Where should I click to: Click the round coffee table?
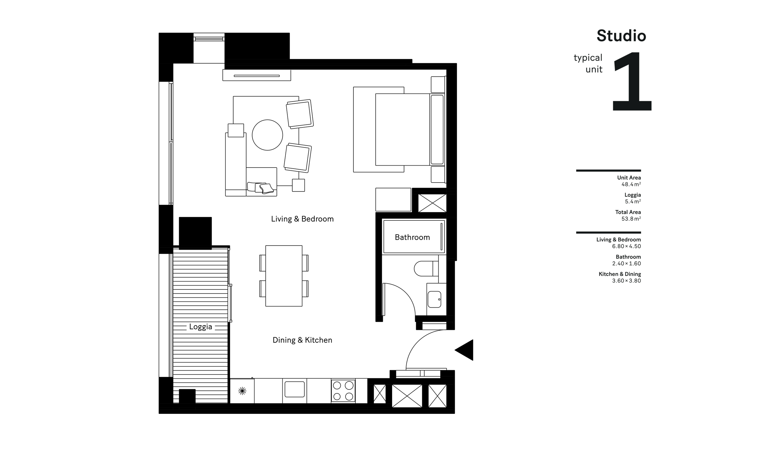click(x=267, y=135)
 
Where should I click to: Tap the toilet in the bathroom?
click(x=425, y=269)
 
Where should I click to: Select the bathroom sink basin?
click(x=434, y=299)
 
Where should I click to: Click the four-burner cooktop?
click(x=343, y=391)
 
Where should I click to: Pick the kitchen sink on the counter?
click(x=294, y=389)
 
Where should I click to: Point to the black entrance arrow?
click(x=465, y=350)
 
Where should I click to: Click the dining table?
click(x=284, y=276)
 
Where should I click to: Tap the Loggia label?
click(x=200, y=327)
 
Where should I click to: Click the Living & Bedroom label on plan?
click(x=302, y=219)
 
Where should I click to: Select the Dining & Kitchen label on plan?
click(x=302, y=340)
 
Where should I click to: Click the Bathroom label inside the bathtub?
click(x=412, y=237)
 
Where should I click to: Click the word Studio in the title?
click(x=621, y=36)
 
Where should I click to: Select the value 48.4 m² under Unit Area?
click(x=631, y=184)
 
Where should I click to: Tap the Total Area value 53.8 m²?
click(x=631, y=219)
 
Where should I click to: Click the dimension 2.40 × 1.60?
click(x=626, y=264)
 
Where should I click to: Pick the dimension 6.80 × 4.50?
click(x=626, y=246)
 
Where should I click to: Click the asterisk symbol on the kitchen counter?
click(x=242, y=391)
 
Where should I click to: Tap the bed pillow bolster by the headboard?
click(x=437, y=130)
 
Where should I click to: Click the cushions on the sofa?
click(x=261, y=188)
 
